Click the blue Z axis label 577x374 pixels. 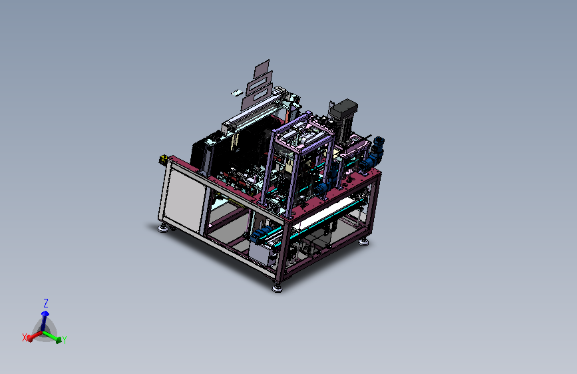point(46,303)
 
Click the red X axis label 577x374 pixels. point(25,337)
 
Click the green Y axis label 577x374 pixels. point(65,340)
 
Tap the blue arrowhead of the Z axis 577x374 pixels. point(45,313)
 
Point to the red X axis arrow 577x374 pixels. point(35,335)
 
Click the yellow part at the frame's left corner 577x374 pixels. point(163,159)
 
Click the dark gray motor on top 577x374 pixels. point(344,108)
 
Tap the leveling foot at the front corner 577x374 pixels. point(277,288)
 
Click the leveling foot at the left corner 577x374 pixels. point(162,229)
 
